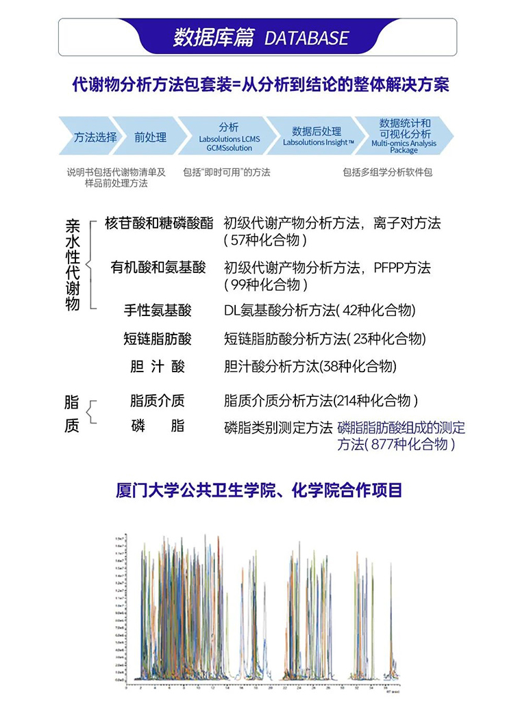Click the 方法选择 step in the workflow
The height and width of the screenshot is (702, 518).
point(95,137)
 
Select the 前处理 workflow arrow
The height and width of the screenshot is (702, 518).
point(150,137)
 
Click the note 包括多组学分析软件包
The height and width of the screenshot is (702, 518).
point(388,172)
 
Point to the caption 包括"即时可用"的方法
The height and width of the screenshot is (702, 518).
point(226,172)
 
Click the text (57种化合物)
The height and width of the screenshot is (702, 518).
point(265,240)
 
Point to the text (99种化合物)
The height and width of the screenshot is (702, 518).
point(266,284)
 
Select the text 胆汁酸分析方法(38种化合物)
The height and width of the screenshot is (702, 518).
point(310,367)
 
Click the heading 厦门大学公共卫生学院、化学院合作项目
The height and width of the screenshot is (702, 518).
point(259,491)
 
